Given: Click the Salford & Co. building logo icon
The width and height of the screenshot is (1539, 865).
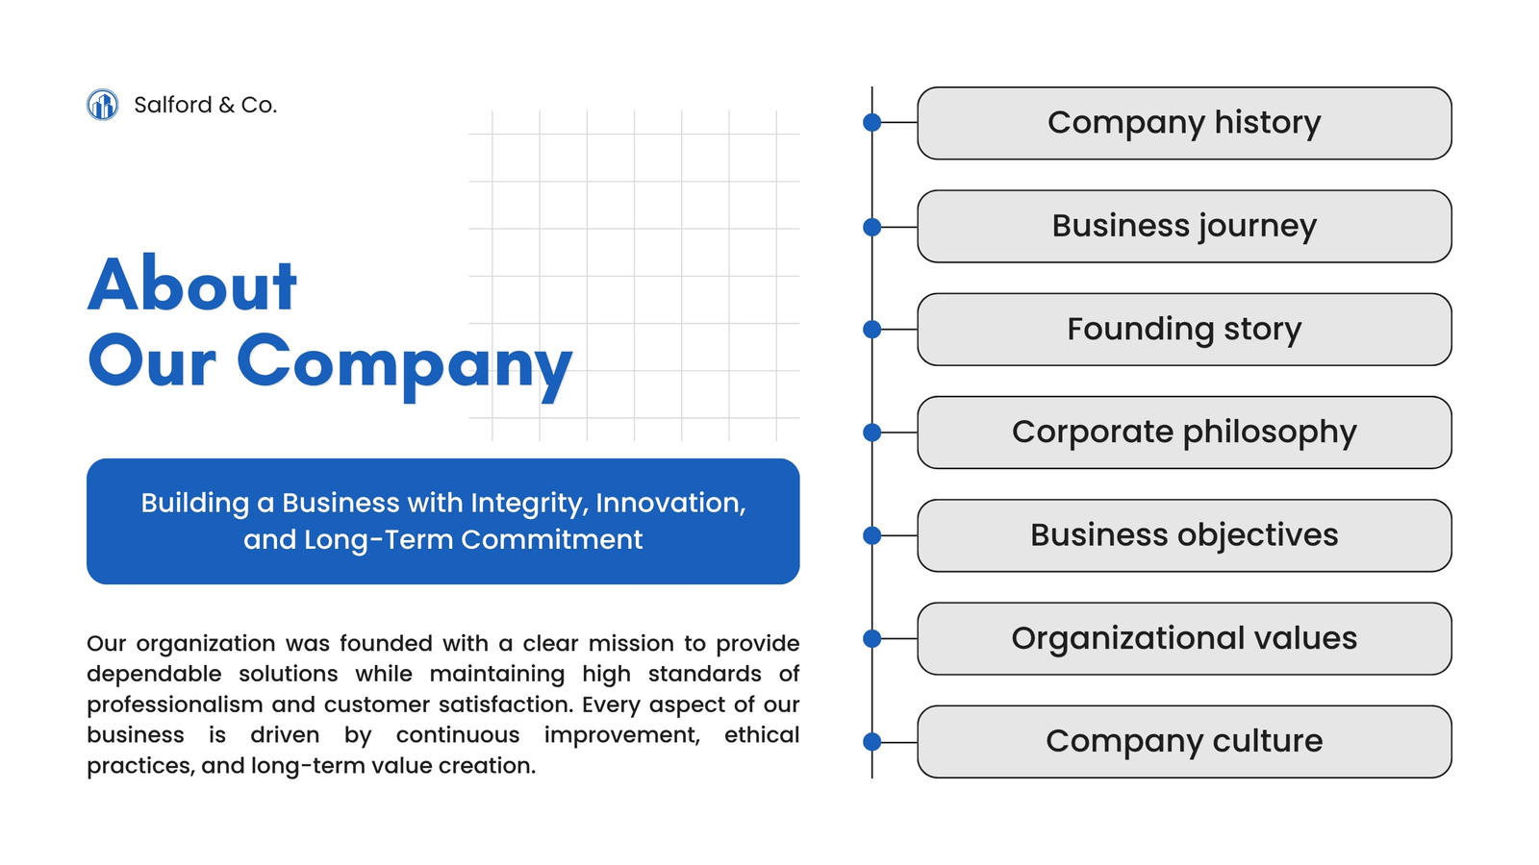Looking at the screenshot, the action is point(102,105).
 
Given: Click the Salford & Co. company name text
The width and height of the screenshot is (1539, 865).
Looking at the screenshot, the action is point(206,105).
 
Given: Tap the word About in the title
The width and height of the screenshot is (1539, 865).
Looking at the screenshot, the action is point(192,284).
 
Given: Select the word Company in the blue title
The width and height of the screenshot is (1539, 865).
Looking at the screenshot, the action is point(405,364).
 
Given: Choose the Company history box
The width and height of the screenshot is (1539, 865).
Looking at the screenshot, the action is point(1184,124).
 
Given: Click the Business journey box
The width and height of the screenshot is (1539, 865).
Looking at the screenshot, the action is point(1184,227).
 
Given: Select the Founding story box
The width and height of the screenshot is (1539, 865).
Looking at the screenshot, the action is point(1184,330).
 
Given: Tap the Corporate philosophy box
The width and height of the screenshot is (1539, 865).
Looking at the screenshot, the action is point(1184,432).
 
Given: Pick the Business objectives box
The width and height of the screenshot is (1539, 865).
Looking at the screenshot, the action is point(1184,535).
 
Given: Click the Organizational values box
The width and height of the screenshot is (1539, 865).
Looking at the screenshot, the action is point(1184,638).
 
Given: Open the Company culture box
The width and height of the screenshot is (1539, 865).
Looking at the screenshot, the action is point(1184,741).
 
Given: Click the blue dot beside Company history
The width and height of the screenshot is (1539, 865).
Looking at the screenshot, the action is point(871,123).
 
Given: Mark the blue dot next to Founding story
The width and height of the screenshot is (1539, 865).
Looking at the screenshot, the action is point(871,330).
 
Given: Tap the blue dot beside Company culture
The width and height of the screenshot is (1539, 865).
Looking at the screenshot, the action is point(871,741).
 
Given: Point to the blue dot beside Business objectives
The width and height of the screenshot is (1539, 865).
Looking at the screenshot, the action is point(871,535).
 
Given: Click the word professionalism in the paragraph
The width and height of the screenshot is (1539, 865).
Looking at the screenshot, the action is point(170,705).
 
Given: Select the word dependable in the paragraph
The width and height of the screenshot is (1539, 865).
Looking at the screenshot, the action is point(154,675).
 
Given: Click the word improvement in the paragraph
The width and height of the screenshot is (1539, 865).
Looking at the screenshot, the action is point(622,736).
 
